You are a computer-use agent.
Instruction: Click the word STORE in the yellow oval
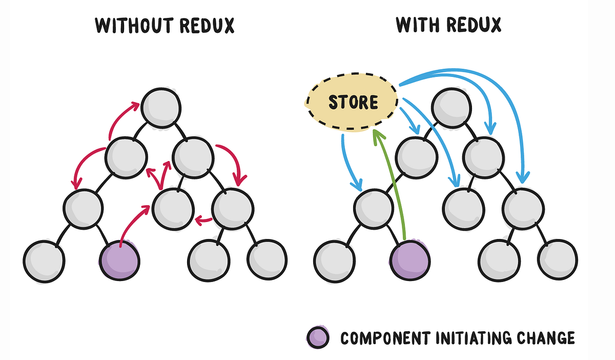coord(353,102)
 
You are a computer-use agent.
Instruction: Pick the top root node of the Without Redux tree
coord(161,106)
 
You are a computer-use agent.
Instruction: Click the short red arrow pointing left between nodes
coord(204,221)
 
